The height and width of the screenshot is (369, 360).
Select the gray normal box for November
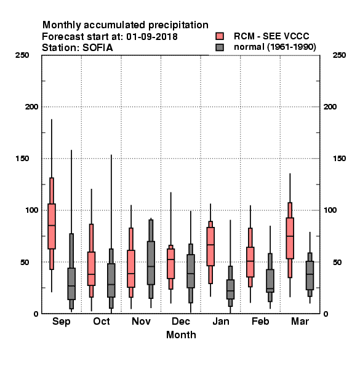click(151, 263)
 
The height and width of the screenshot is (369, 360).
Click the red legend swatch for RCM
click(220, 36)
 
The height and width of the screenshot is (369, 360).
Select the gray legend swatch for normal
click(220, 47)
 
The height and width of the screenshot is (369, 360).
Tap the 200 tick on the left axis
click(31, 106)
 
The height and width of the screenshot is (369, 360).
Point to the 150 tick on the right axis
click(339, 159)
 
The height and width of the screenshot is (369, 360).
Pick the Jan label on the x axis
click(220, 321)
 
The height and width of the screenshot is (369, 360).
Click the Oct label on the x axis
click(102, 321)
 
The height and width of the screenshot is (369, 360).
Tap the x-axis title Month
click(181, 335)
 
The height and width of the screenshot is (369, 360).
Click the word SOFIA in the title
click(98, 47)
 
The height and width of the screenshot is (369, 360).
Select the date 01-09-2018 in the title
click(152, 36)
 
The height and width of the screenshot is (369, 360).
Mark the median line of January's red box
click(210, 245)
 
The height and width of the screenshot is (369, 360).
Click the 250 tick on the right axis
click(339, 55)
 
